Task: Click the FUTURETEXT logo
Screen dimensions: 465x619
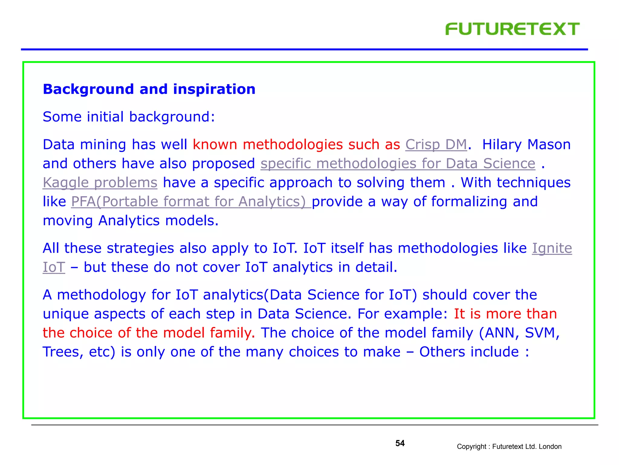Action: tap(512, 29)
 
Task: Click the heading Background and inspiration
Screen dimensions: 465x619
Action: tap(149, 89)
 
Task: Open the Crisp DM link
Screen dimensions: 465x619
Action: tap(436, 144)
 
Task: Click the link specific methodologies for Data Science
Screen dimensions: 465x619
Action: tap(398, 163)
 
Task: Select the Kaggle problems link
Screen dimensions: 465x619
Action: tap(100, 183)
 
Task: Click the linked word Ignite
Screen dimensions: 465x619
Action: tap(552, 248)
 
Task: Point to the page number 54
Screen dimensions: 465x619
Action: tap(400, 443)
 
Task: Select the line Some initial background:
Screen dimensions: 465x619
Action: tap(129, 117)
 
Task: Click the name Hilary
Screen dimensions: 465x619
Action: tap(501, 144)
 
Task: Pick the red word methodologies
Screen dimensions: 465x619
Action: tap(293, 144)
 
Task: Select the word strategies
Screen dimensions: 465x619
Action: tap(140, 248)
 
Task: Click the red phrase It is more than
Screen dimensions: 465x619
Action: tap(505, 314)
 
